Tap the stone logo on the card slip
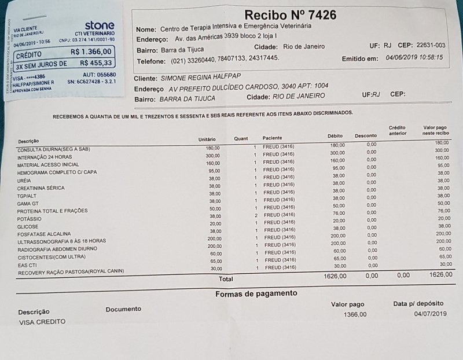(100, 25)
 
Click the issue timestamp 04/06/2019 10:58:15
(415, 58)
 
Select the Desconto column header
(366, 135)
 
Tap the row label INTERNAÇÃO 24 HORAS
(46, 157)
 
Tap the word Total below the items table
(226, 279)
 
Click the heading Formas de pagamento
(256, 293)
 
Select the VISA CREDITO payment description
(42, 321)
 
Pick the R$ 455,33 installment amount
(96, 63)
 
